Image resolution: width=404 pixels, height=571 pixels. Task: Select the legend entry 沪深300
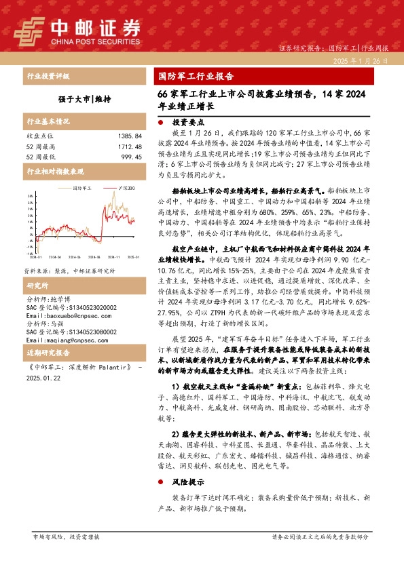pos(127,188)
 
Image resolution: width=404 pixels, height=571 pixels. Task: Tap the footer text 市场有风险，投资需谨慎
pos(66,555)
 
